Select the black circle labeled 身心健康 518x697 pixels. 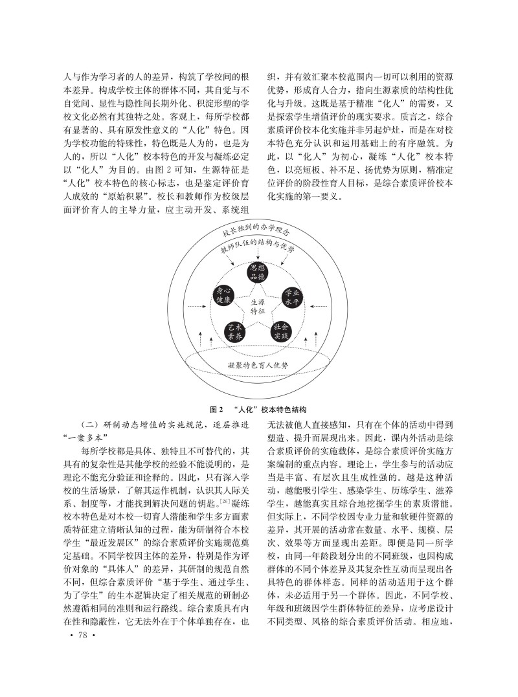(x=223, y=296)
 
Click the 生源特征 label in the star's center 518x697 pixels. (x=258, y=307)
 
